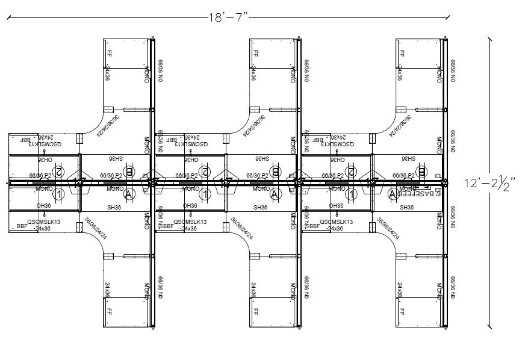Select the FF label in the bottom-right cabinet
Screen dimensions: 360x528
401,312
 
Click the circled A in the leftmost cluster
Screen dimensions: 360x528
128,194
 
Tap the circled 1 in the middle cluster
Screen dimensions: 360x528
205,194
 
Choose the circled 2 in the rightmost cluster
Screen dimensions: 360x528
350,172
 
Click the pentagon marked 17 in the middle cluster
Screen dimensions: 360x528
226,182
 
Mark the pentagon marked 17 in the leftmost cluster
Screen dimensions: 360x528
79,182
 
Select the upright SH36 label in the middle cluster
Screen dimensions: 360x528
260,207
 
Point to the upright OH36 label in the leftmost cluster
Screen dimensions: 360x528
43,206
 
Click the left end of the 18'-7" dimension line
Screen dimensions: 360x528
7,18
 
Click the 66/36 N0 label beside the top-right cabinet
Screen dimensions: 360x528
453,70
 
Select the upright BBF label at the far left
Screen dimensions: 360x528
22,227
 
